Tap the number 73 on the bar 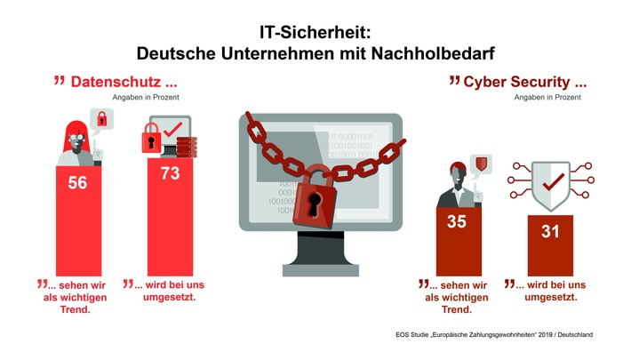(170, 174)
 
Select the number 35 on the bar (456, 221)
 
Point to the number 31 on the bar (549, 232)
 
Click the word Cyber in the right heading (490, 82)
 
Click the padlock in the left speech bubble (102, 118)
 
